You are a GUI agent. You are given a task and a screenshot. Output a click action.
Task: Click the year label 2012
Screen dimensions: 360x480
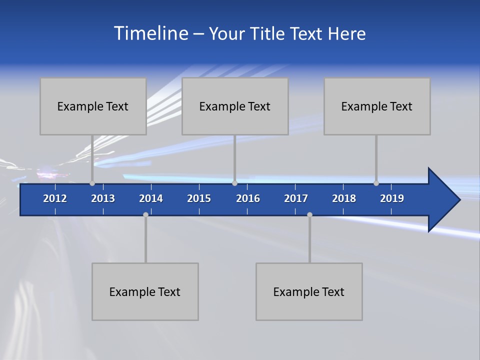55,198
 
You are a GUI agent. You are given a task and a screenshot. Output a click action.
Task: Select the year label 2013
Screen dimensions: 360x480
103,198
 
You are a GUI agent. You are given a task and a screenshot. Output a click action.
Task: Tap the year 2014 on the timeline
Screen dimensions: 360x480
151,198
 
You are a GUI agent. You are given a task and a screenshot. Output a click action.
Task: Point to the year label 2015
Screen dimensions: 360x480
199,198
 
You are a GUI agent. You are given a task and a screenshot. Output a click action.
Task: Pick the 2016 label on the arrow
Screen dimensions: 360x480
248,198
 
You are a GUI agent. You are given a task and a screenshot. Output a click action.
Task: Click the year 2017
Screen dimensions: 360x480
296,198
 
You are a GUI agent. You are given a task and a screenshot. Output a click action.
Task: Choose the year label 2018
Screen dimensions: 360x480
344,198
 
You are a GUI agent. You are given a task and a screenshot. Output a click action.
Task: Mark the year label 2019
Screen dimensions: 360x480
392,198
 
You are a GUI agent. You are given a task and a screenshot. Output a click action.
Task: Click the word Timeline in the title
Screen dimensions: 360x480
150,33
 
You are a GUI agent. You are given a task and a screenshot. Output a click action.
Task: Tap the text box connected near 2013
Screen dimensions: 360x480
93,106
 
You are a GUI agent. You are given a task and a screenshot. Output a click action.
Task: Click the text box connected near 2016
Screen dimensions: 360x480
235,106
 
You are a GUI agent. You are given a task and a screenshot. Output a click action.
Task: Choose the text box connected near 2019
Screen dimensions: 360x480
377,106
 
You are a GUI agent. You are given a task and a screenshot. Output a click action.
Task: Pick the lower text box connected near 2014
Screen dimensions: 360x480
145,291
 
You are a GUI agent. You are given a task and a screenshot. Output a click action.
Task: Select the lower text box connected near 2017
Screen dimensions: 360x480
309,291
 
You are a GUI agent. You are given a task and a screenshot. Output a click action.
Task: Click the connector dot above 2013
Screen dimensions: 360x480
92,183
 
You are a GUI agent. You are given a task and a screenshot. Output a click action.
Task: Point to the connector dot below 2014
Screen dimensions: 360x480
145,214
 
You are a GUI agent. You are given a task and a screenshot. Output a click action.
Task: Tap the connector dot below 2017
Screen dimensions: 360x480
309,214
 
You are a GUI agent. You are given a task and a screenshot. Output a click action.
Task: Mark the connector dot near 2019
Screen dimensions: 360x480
376,183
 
